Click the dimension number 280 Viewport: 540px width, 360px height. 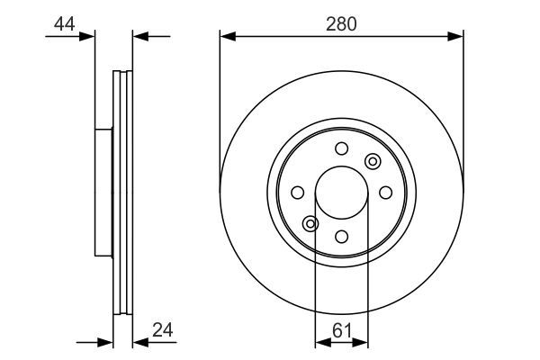pyautogui.click(x=341, y=24)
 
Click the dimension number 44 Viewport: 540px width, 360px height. pyautogui.click(x=65, y=24)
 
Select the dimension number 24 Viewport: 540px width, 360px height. pyautogui.click(x=163, y=330)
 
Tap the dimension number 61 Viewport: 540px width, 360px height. pyautogui.click(x=342, y=331)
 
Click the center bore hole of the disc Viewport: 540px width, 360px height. pyautogui.click(x=342, y=193)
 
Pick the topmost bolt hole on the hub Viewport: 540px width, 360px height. pyautogui.click(x=342, y=148)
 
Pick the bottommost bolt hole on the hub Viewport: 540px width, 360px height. pyautogui.click(x=342, y=237)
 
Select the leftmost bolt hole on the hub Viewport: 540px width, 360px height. pyautogui.click(x=298, y=193)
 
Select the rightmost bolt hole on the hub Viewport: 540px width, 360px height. pyautogui.click(x=386, y=193)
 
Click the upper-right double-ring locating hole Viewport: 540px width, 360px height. pyautogui.click(x=373, y=161)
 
